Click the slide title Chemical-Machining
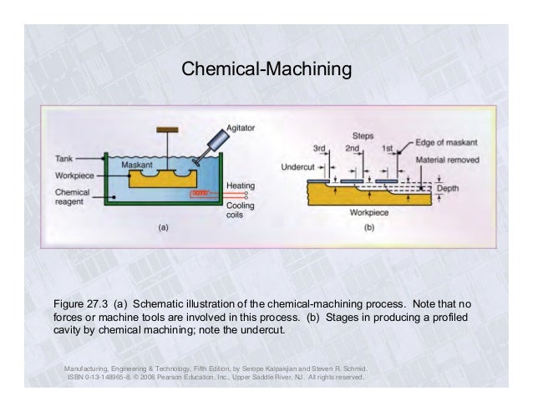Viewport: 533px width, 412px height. pyautogui.click(x=266, y=66)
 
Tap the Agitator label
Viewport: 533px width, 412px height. pyautogui.click(x=240, y=128)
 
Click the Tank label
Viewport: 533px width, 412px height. pyautogui.click(x=66, y=158)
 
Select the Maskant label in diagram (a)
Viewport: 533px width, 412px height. pyautogui.click(x=135, y=165)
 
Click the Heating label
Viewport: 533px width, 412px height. pyautogui.click(x=241, y=186)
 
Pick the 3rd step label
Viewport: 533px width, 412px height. pyautogui.click(x=318, y=149)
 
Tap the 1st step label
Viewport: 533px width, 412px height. pyautogui.click(x=387, y=149)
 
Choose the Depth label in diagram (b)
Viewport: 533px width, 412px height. pyautogui.click(x=449, y=189)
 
